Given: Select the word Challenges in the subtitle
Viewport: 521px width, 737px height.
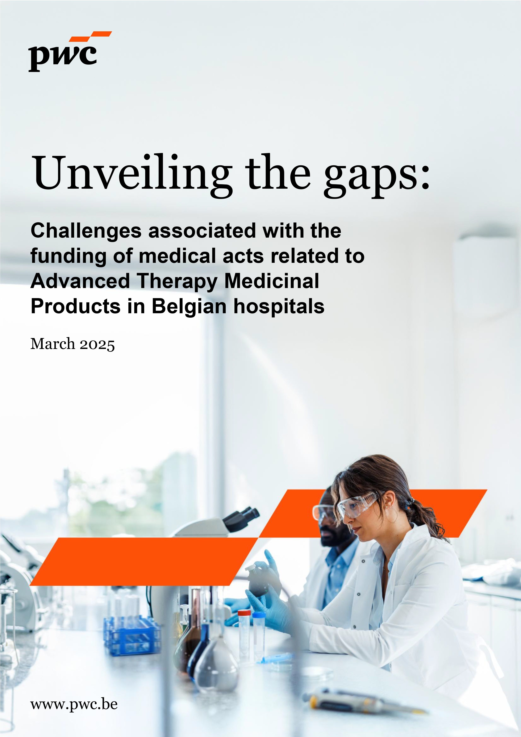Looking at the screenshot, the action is click(x=86, y=231).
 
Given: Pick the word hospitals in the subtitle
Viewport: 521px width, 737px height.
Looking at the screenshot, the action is click(x=279, y=307).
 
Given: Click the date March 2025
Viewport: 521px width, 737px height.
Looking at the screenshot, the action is click(x=72, y=344).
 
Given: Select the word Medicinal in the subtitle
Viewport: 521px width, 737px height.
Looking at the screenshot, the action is click(x=272, y=282).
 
